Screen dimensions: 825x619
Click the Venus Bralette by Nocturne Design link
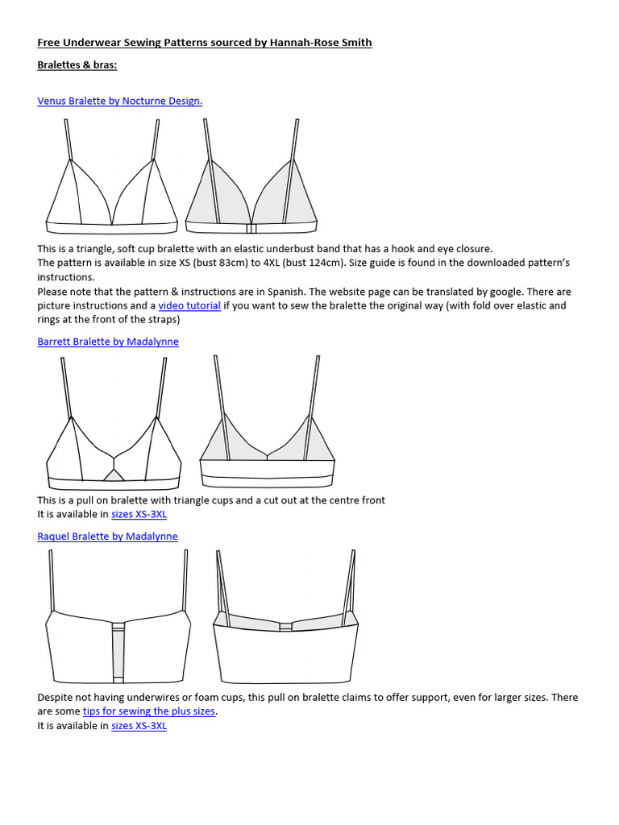coord(119,101)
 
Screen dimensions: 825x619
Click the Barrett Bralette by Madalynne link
coord(108,342)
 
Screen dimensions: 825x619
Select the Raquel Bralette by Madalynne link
coord(107,537)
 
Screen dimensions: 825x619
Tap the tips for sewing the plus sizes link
coord(149,711)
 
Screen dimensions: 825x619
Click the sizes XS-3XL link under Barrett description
coord(139,514)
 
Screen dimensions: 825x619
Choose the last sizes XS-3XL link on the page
coord(139,726)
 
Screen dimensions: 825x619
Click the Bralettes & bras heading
coord(77,65)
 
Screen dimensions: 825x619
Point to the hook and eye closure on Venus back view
coord(251,228)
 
